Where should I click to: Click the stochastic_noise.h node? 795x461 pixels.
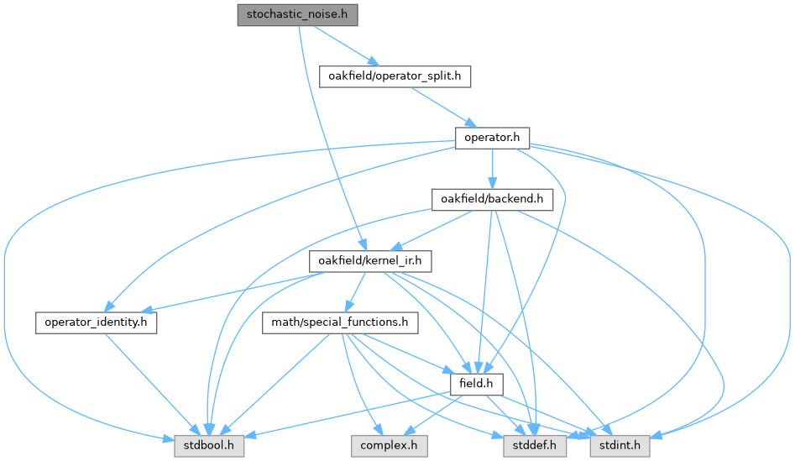pos(298,15)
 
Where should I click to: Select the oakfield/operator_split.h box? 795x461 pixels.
pos(395,76)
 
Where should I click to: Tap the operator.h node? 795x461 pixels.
pos(492,138)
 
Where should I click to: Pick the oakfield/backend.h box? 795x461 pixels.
pos(492,199)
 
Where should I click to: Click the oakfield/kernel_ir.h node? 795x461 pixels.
pos(370,261)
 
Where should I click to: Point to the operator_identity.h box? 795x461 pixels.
pos(97,322)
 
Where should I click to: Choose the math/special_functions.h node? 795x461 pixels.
pos(340,322)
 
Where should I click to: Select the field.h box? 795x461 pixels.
pos(477,384)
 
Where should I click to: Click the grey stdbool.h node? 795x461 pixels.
pos(209,446)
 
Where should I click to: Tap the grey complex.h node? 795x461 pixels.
pos(390,446)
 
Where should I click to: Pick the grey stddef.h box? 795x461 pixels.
pos(535,446)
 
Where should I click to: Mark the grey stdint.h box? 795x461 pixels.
pos(620,446)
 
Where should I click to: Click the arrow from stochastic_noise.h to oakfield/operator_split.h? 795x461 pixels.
pos(347,45)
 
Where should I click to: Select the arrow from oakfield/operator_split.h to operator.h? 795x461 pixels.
pos(443,107)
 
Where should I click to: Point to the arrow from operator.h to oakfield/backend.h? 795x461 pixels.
pos(492,169)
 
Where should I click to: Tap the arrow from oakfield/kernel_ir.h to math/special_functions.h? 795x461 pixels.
pos(355,291)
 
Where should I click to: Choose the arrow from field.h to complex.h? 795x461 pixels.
pos(434,415)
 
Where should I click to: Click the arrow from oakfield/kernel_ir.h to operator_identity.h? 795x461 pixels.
pos(231,292)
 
